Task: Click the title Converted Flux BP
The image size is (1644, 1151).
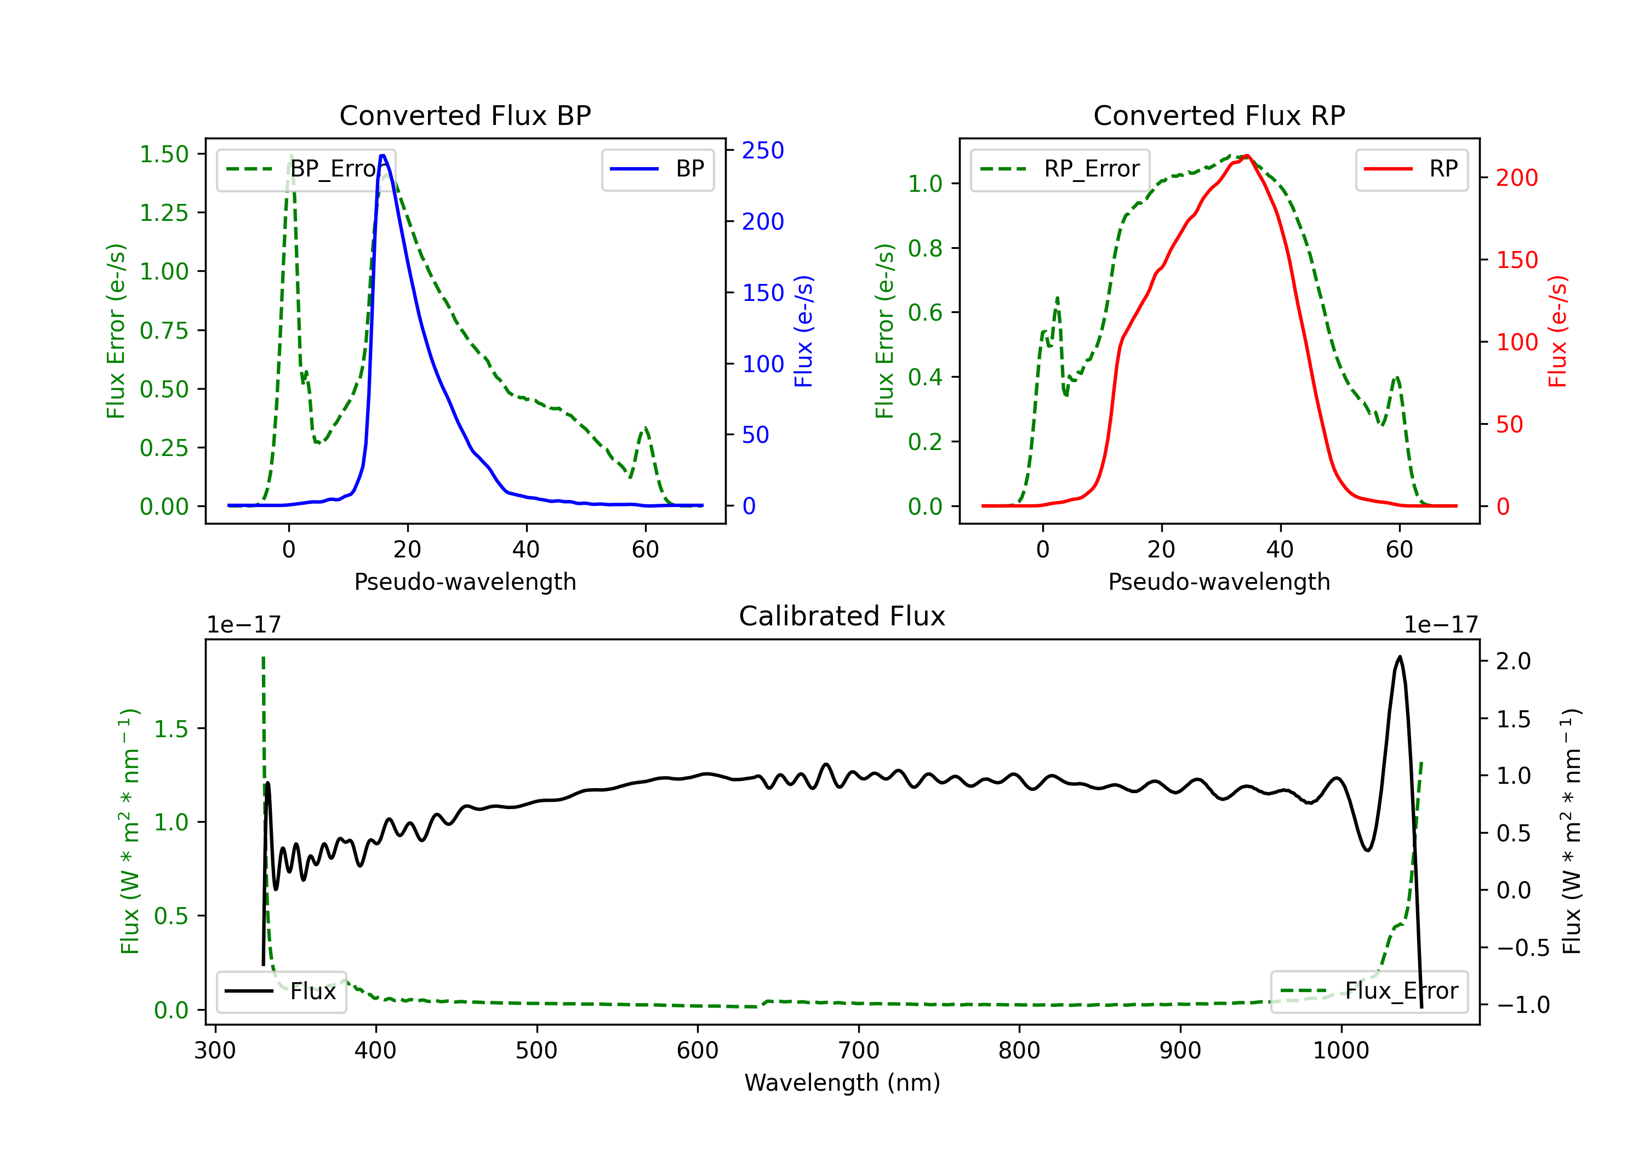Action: [465, 115]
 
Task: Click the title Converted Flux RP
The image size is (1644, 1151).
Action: [1219, 115]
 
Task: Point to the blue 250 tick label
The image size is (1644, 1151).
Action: [763, 150]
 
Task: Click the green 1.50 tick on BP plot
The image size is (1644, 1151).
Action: [164, 154]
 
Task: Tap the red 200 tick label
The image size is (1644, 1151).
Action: [1516, 178]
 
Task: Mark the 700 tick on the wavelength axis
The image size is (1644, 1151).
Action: [859, 1050]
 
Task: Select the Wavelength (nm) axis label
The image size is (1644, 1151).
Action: [842, 1082]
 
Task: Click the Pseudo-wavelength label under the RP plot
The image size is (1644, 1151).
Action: [1219, 582]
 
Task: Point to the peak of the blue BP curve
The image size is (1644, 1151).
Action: [383, 156]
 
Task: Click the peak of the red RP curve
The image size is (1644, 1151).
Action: [1247, 156]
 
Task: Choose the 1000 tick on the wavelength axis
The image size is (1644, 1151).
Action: [1340, 1050]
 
